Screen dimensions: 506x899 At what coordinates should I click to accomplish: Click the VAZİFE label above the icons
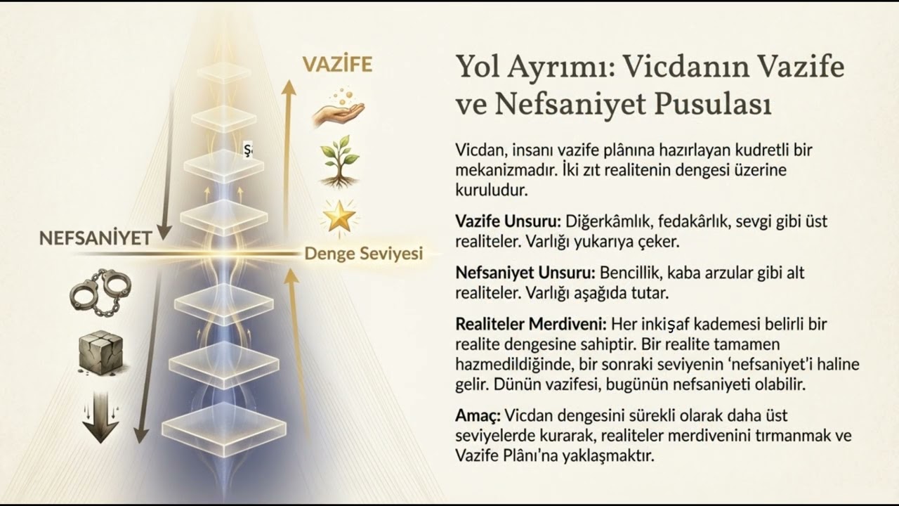pos(337,65)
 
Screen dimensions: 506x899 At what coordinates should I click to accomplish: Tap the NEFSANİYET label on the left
pos(95,238)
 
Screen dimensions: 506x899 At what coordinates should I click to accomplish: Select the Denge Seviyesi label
pos(363,254)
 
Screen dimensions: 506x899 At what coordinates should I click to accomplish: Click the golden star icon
pos(338,216)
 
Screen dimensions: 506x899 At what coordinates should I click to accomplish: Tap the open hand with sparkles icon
pos(338,108)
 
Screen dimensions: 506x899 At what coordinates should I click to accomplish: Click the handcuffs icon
pos(100,290)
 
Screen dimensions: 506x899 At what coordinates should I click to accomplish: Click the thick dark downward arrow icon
pos(100,417)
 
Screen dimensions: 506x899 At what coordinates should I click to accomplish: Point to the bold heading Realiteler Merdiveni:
pos(531,325)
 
